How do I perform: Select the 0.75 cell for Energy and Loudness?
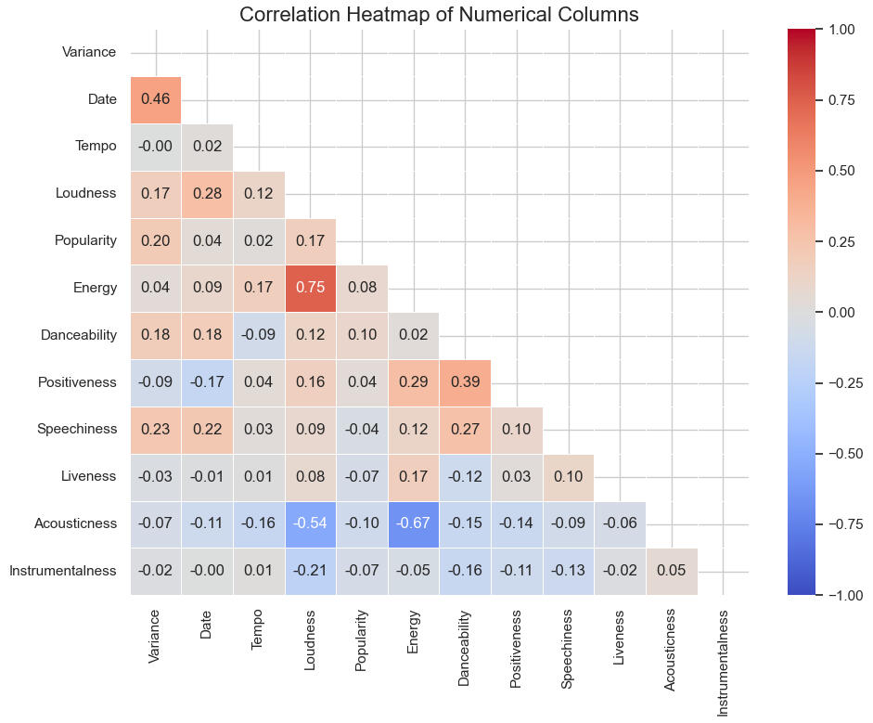[x=311, y=288]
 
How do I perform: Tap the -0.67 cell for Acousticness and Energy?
[x=414, y=523]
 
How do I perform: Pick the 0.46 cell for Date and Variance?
[x=156, y=99]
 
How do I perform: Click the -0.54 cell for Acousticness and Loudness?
[x=311, y=523]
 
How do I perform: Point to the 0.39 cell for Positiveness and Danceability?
[x=465, y=382]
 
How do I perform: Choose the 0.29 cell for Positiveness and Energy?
[x=414, y=382]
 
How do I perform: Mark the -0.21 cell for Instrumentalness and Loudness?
[x=311, y=571]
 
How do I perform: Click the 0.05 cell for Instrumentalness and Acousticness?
[x=672, y=571]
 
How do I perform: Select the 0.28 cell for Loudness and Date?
[x=207, y=193]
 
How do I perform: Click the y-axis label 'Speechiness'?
[x=77, y=429]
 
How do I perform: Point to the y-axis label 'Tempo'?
[x=96, y=146]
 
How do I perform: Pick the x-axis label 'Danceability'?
[x=465, y=648]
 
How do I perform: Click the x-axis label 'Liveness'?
[x=620, y=636]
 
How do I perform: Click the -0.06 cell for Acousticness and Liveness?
[x=620, y=523]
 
